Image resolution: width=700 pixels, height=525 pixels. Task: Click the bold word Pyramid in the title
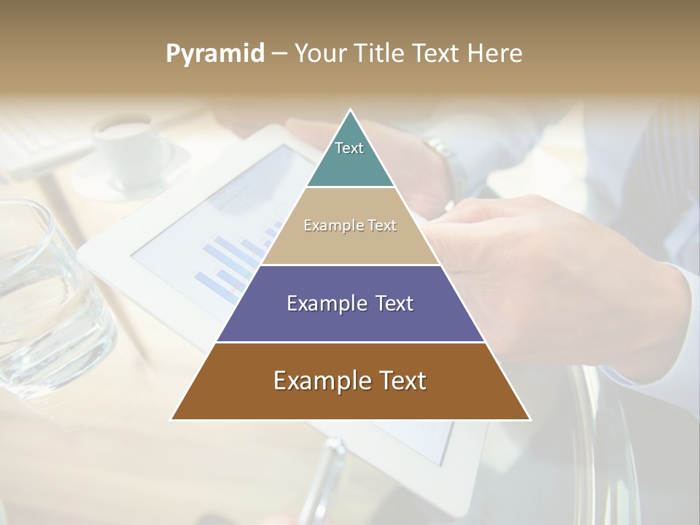[x=214, y=53]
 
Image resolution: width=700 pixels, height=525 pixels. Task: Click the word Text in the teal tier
[x=349, y=148]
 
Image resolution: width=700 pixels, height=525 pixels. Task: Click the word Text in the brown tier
[x=400, y=381]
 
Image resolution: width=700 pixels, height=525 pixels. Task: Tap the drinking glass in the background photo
[x=44, y=299]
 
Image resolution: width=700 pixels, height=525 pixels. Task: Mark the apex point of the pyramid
[x=351, y=111]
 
